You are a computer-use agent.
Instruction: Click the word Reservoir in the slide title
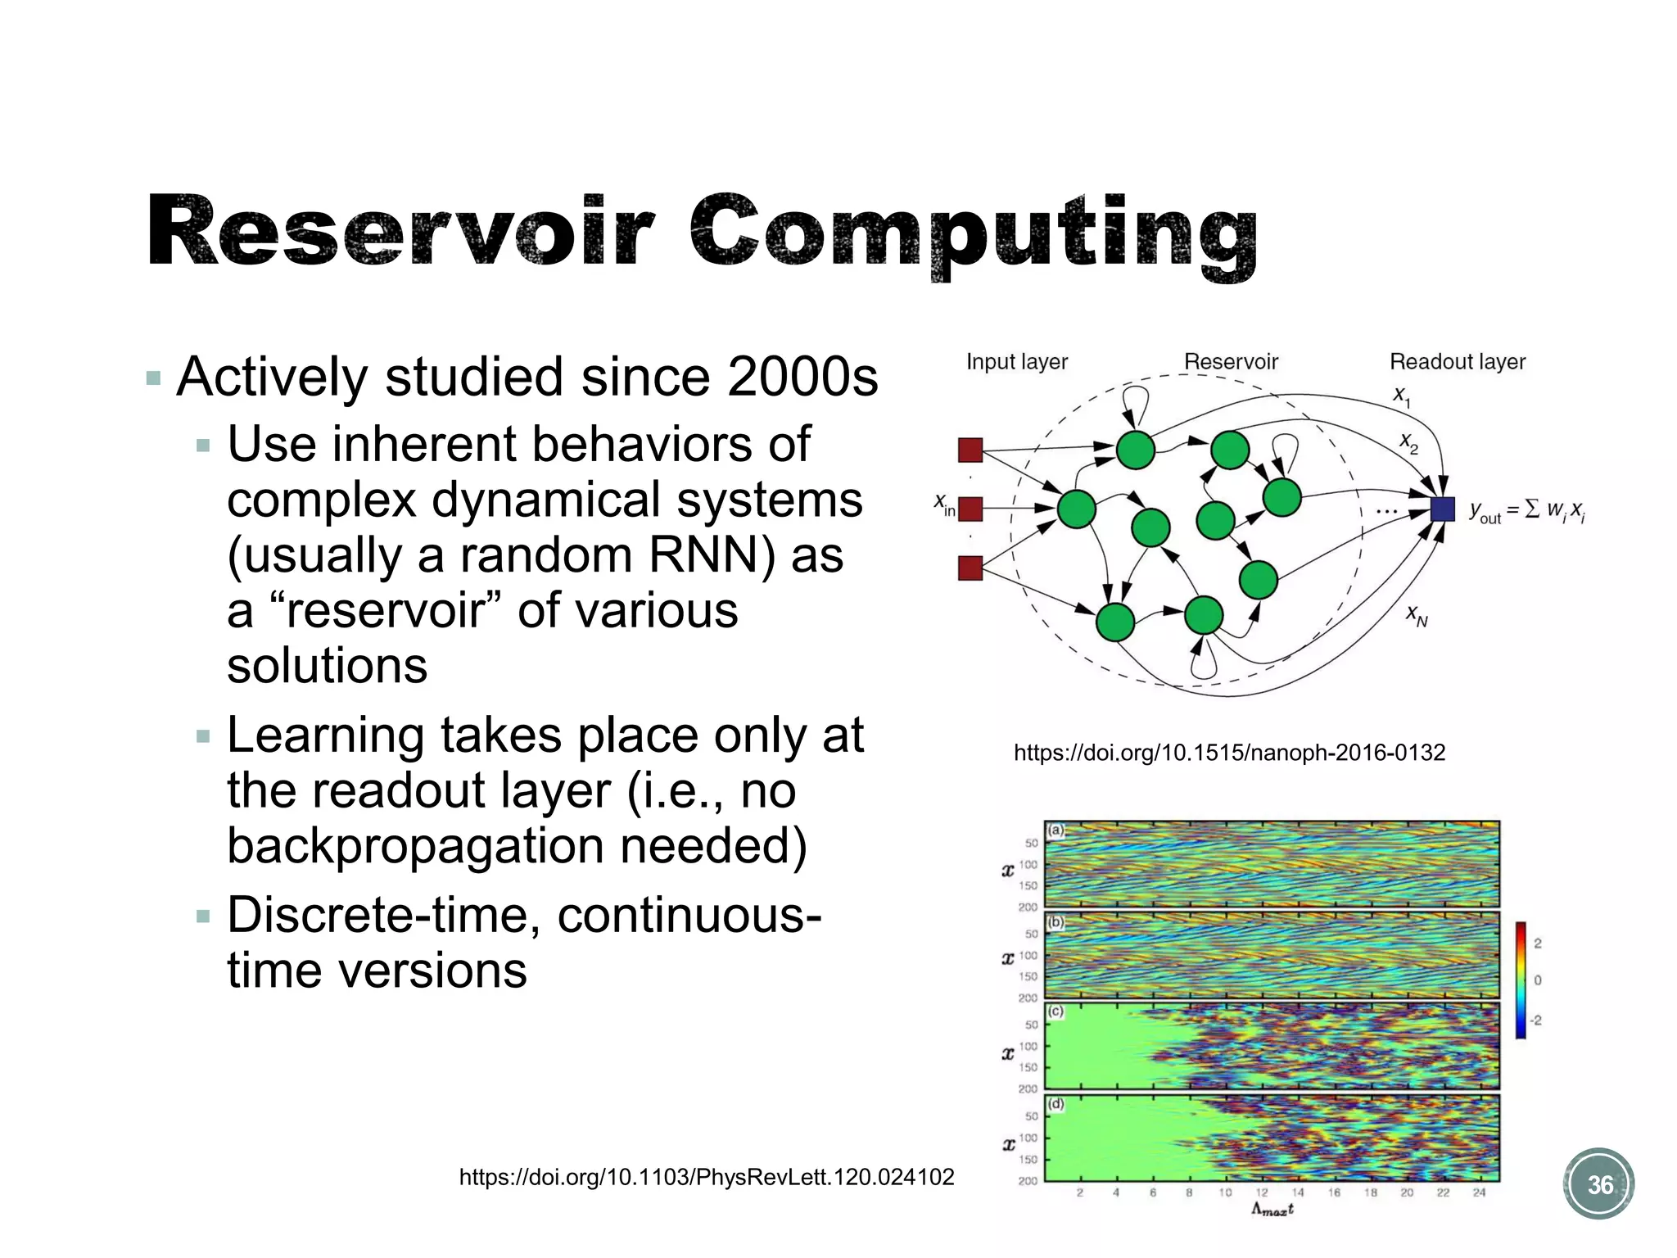(x=401, y=231)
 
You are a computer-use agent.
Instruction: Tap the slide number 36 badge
(x=1599, y=1184)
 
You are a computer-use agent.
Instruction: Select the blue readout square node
(x=1442, y=509)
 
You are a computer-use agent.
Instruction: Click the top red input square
(x=970, y=450)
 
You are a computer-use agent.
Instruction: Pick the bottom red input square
(x=970, y=568)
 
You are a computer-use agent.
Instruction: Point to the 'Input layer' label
(x=1016, y=361)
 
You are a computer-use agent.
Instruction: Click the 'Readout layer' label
(x=1457, y=361)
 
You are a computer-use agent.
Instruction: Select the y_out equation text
(x=1526, y=511)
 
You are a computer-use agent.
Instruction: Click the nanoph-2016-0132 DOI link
(x=1229, y=752)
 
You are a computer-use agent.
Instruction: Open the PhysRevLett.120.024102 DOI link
(x=706, y=1177)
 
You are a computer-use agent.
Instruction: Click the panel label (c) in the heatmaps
(x=1056, y=1011)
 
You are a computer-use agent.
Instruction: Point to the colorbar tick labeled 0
(x=1538, y=980)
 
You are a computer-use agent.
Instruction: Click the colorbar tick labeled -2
(x=1535, y=1020)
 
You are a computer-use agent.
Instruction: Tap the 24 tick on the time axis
(x=1479, y=1192)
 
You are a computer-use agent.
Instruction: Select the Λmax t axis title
(x=1272, y=1210)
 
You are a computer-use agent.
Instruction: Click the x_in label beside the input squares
(x=944, y=505)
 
